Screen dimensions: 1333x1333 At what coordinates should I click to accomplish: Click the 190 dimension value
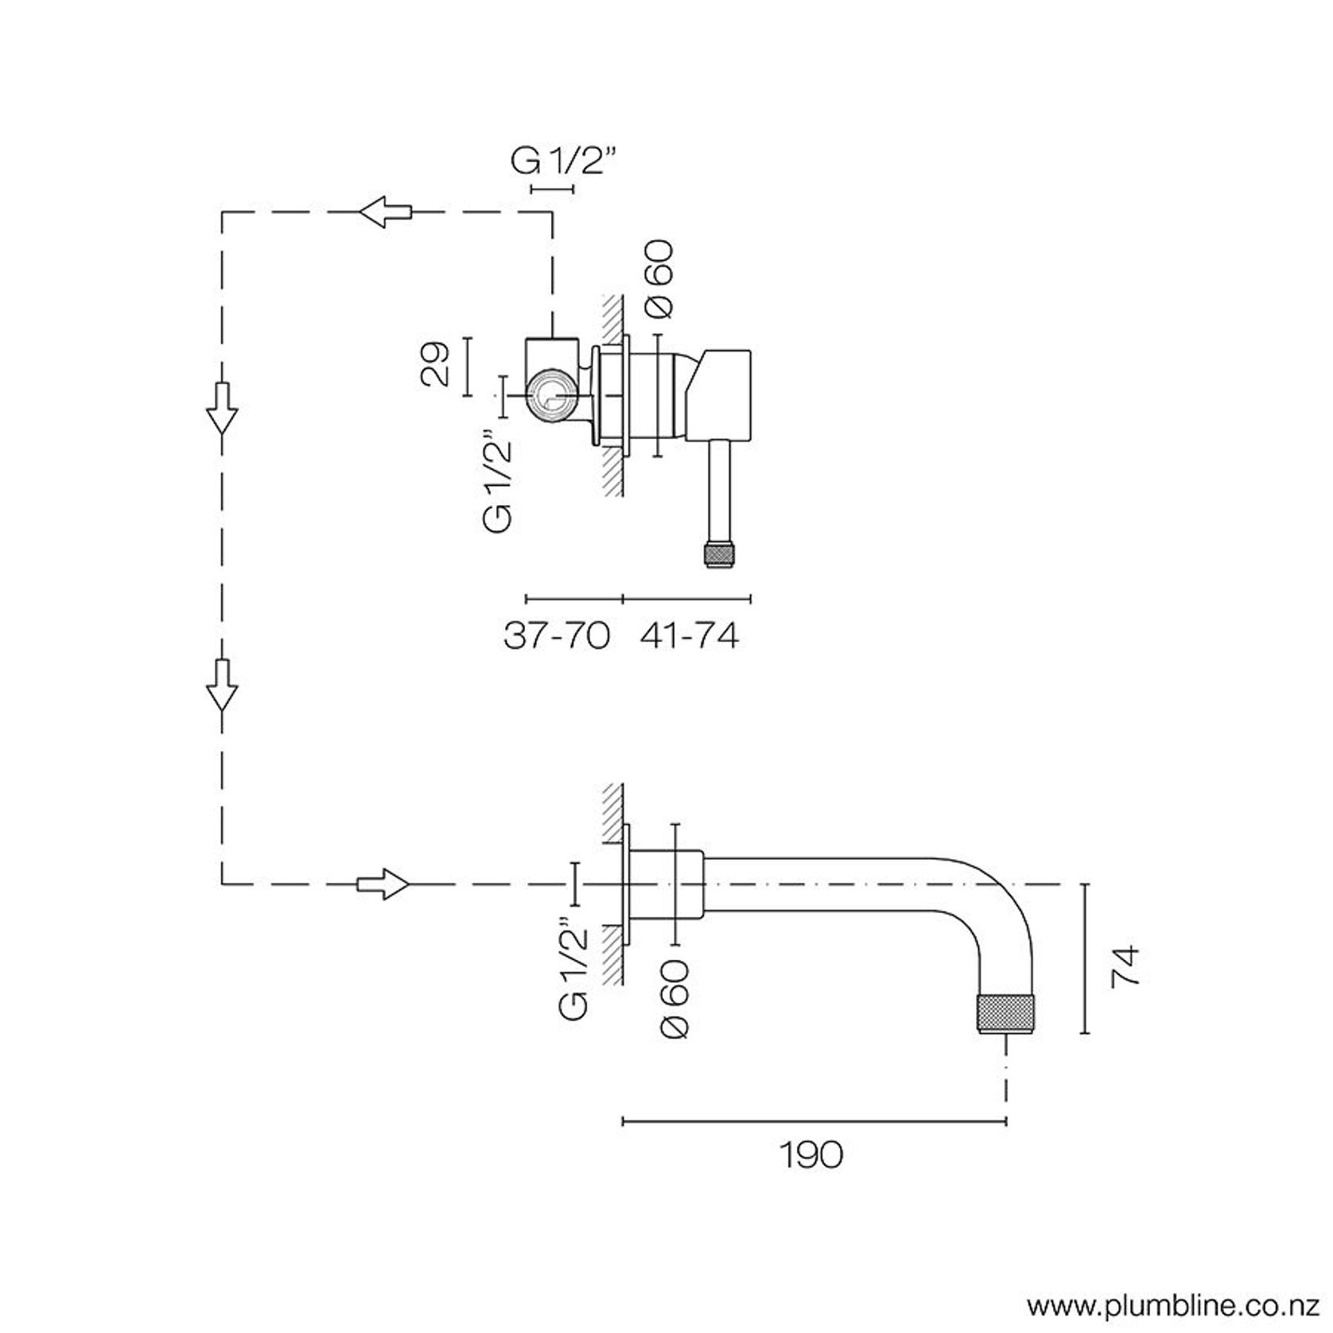click(x=810, y=1155)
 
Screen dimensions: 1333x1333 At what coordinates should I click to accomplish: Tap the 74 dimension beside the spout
click(x=1125, y=966)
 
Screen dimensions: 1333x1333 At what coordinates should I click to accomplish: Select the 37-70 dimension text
click(x=557, y=635)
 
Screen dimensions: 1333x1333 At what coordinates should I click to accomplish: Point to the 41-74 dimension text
click(x=689, y=635)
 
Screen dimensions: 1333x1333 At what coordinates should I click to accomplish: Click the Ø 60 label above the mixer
click(x=659, y=278)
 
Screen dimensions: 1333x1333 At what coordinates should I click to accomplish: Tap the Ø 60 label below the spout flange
click(x=674, y=998)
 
